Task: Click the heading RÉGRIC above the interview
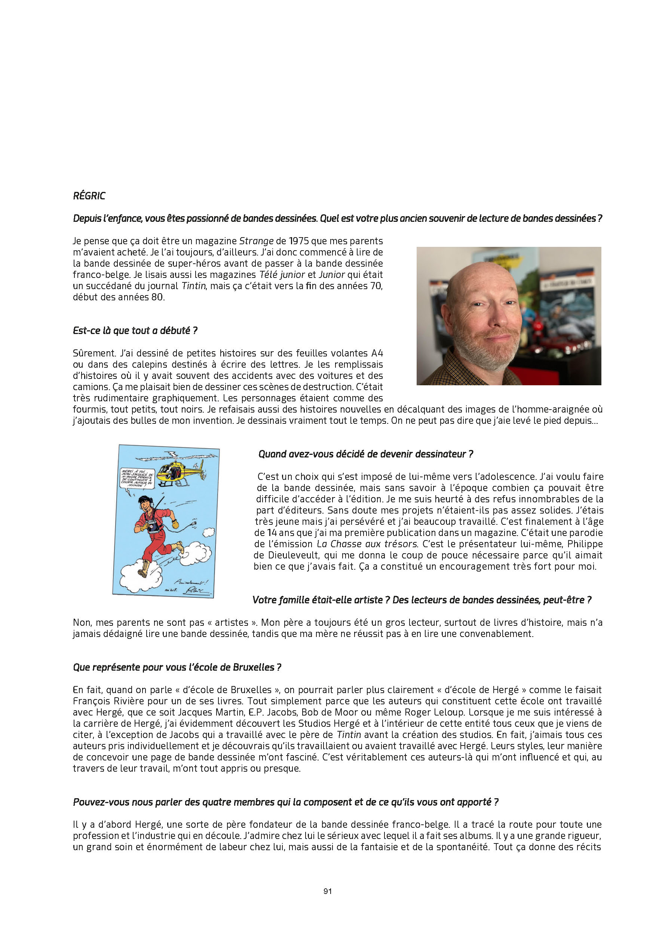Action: (89, 196)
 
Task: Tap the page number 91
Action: (328, 891)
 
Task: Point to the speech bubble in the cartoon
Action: (137, 480)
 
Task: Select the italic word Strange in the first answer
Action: (256, 241)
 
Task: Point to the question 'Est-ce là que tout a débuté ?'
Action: (135, 331)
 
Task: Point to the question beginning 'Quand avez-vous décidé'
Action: (365, 454)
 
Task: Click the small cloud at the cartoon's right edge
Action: (208, 532)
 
